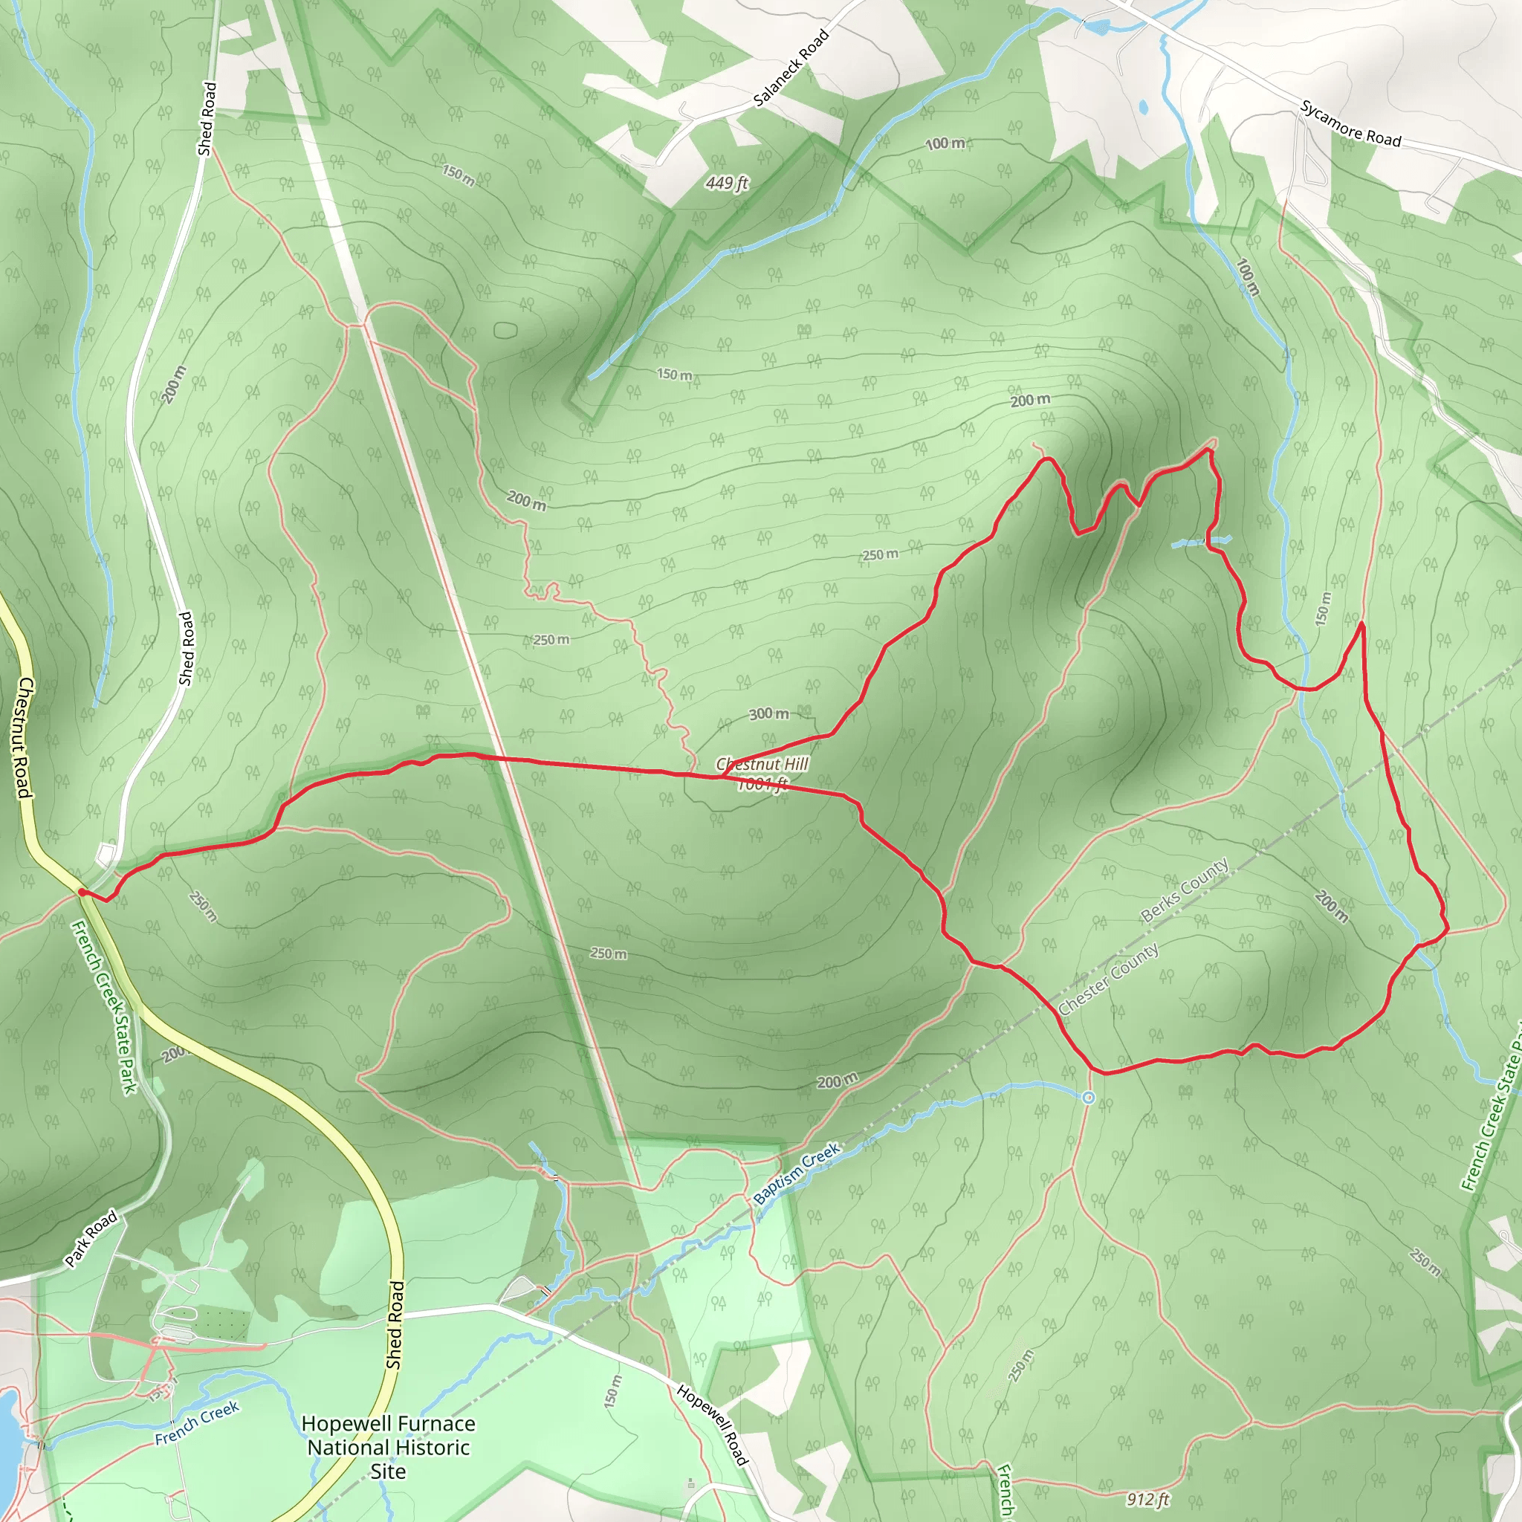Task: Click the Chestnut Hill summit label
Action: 762,763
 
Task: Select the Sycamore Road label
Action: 1350,123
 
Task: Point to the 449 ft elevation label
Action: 726,183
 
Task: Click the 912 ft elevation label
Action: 1147,1498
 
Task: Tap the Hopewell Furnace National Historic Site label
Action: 389,1447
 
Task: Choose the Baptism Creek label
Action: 797,1173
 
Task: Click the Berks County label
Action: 1184,890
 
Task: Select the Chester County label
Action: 1107,979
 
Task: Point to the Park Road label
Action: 91,1238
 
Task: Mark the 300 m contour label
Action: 768,713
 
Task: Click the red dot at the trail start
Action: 81,892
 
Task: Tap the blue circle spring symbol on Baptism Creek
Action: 1088,1098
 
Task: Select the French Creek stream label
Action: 196,1422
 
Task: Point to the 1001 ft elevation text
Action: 762,784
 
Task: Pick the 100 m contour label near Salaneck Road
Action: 945,143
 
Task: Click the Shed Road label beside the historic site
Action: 395,1324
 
